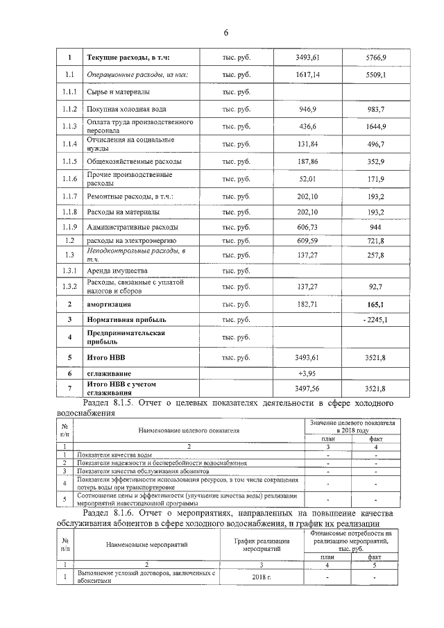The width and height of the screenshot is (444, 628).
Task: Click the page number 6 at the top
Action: click(x=225, y=33)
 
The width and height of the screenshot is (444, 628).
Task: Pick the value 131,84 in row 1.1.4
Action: click(x=307, y=144)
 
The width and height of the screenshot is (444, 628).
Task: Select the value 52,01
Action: click(x=307, y=179)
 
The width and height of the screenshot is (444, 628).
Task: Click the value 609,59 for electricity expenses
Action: click(x=307, y=240)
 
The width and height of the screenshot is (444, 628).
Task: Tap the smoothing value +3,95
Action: click(x=307, y=373)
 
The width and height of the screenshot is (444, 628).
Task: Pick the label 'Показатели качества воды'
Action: click(x=115, y=454)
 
